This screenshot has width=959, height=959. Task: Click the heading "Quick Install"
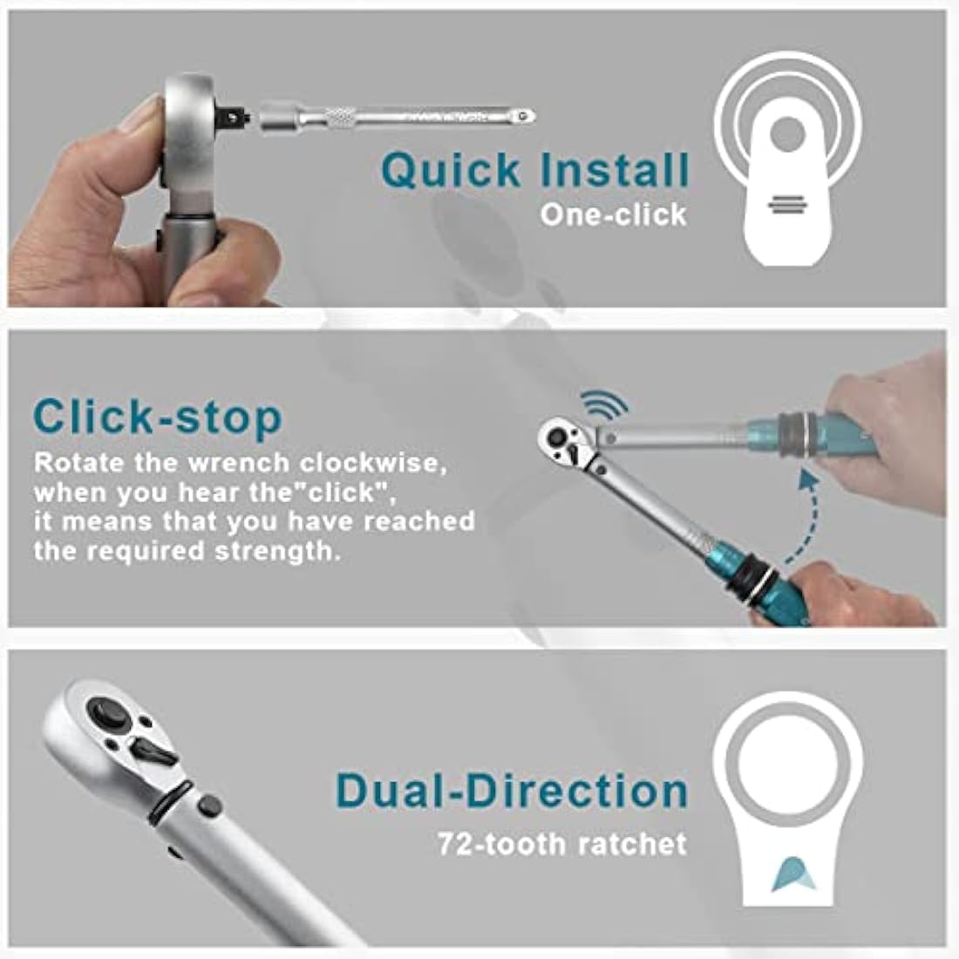pos(534,170)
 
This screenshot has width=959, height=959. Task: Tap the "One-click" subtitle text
pos(612,214)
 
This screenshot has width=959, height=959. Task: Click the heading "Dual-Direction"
pos(512,791)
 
